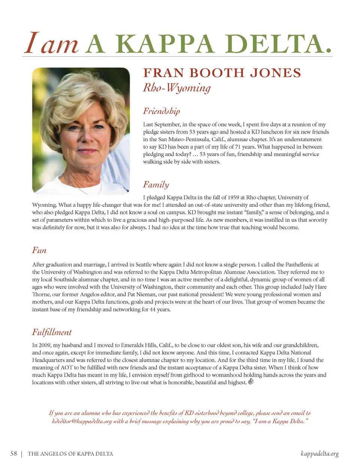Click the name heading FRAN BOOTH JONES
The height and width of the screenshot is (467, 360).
(x=222, y=73)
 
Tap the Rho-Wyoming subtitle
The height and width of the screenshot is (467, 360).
(x=177, y=88)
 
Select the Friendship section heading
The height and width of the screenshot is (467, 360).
(x=161, y=111)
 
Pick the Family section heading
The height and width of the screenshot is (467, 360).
(x=156, y=185)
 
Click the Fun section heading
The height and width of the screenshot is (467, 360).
(x=39, y=250)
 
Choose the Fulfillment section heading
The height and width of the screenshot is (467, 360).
(x=52, y=332)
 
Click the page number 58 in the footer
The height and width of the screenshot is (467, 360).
(x=13, y=453)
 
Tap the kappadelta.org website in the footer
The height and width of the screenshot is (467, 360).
(x=319, y=453)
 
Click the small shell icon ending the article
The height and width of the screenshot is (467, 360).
(x=251, y=382)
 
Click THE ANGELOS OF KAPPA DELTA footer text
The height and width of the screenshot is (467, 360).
(x=70, y=454)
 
